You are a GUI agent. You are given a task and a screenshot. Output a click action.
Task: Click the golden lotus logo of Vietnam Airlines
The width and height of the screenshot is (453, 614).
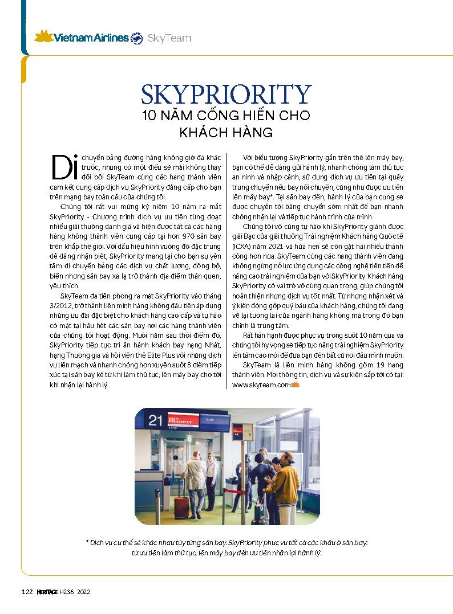(43, 37)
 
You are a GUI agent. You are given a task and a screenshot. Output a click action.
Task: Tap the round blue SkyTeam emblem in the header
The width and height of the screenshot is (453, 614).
(137, 39)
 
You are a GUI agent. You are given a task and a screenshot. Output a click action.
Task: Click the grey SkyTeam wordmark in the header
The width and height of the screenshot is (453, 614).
(169, 39)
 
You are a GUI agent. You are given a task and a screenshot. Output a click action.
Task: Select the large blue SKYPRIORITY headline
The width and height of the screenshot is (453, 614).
(226, 94)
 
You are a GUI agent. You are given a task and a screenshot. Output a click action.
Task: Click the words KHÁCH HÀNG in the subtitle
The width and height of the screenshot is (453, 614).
(226, 133)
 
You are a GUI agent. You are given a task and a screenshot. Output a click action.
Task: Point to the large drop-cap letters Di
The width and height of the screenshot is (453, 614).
(64, 166)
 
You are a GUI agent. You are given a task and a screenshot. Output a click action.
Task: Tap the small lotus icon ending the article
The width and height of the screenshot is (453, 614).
(296, 385)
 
